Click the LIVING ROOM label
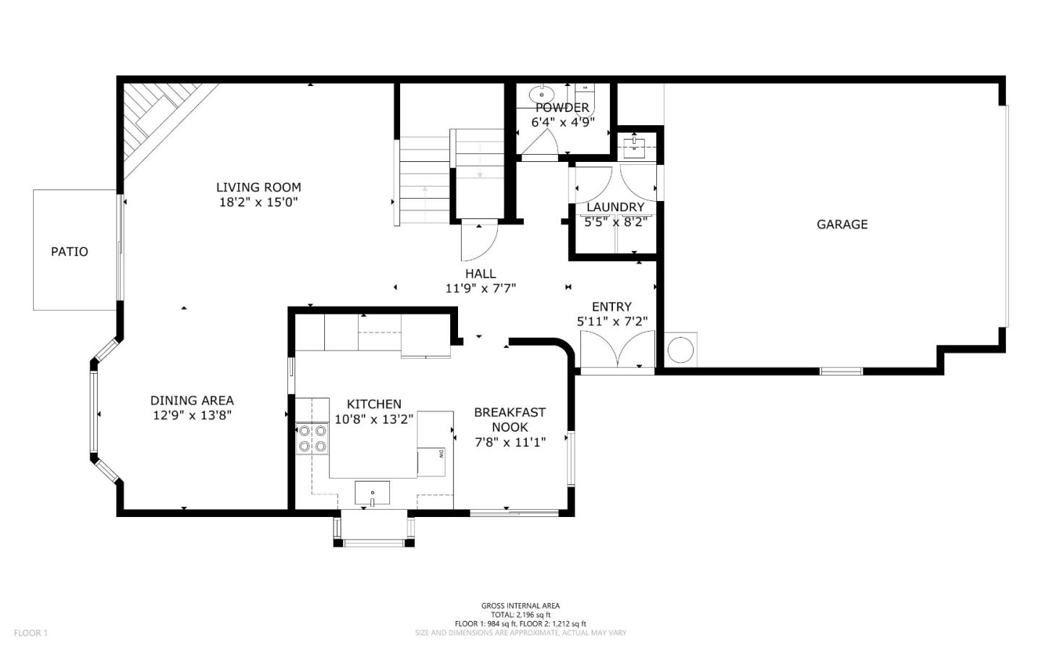coord(258,187)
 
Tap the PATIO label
coord(69,252)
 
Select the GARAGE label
coord(842,225)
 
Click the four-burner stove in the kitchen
coord(312,438)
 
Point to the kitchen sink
coord(372,493)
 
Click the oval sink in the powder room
coord(541,95)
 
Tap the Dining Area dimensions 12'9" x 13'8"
coord(192,415)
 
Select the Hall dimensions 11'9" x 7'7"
coord(480,288)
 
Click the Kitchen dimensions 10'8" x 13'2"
coord(374,419)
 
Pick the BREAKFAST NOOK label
coord(510,419)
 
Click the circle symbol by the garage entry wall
coord(680,349)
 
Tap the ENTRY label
coord(611,307)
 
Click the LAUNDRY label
coord(615,207)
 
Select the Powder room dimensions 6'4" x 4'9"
coord(563,122)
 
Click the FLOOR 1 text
coord(30,633)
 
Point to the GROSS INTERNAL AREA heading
coord(520,606)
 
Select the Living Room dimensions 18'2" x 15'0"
coord(258,202)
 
